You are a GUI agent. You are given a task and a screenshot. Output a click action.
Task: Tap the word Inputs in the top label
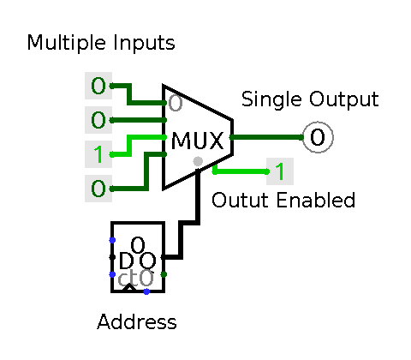point(144,43)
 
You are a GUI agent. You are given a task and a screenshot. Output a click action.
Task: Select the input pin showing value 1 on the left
point(98,154)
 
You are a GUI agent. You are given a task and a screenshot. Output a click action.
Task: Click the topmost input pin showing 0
point(98,86)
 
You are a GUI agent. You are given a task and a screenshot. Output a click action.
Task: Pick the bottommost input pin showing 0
point(98,189)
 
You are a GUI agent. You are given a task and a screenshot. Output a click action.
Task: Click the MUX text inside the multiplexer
point(197,141)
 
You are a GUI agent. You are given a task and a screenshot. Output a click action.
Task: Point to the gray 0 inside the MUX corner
point(176,103)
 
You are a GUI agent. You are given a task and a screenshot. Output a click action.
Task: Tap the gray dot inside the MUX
point(198,161)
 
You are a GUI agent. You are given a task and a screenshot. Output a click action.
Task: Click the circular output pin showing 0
point(318,137)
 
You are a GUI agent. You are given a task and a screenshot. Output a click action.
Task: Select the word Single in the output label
point(271,99)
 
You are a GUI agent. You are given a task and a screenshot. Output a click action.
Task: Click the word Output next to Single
point(344,99)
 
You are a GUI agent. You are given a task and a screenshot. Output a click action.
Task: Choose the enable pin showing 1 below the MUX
point(280,171)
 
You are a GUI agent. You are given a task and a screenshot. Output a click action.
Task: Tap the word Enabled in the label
point(316,200)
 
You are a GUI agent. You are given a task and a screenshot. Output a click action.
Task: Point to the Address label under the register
point(137,321)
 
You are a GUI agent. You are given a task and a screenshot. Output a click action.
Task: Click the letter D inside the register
point(126,261)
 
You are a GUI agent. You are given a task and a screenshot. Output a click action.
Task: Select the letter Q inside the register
point(148,261)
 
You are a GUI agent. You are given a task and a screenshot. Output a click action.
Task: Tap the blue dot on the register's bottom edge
point(146,291)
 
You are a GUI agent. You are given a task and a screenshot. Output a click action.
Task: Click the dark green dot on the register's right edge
point(164,274)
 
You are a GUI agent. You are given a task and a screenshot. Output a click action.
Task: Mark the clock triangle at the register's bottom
point(129,287)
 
